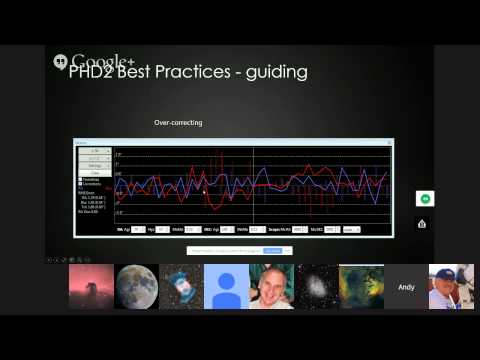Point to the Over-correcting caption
pyautogui.click(x=178, y=123)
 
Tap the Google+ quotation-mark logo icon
pyautogui.click(x=60, y=61)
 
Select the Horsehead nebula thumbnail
pyautogui.click(x=91, y=286)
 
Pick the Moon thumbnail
pyautogui.click(x=137, y=286)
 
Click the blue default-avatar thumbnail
pyautogui.click(x=226, y=286)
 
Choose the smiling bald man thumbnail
pyautogui.click(x=271, y=286)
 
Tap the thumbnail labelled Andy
pyautogui.click(x=406, y=286)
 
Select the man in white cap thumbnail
pyautogui.click(x=451, y=286)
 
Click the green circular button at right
pyautogui.click(x=423, y=199)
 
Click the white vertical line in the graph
pyautogui.click(x=254, y=185)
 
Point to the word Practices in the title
pyautogui.click(x=209, y=73)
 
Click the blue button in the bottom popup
pyautogui.click(x=273, y=250)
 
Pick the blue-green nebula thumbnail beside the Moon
pyautogui.click(x=181, y=286)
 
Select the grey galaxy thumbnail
pyautogui.click(x=316, y=286)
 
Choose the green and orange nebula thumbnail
pyautogui.click(x=361, y=286)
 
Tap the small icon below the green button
pyautogui.click(x=422, y=223)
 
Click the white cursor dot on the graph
pyautogui.click(x=178, y=189)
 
